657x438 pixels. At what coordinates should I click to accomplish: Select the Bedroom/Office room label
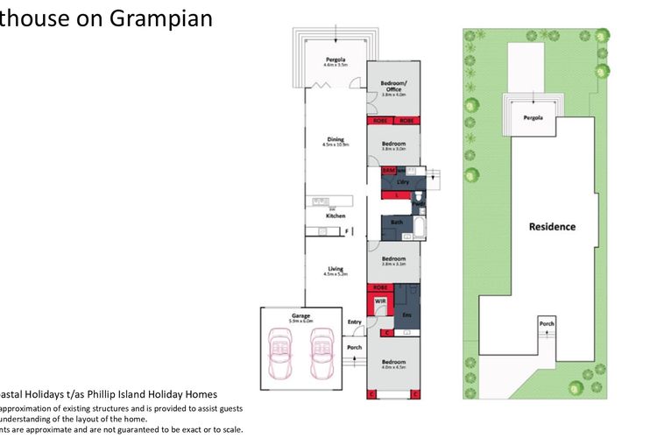pos(393,88)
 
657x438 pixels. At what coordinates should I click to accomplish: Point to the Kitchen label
pos(336,215)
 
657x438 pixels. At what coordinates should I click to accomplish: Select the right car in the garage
pos(321,348)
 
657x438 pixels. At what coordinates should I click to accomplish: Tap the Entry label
pos(354,322)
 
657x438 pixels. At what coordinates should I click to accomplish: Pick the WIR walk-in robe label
pos(380,300)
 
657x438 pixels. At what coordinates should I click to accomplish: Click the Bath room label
pos(396,223)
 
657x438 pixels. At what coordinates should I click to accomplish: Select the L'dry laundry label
pos(403,181)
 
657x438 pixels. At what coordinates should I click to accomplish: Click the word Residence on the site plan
pos(552,227)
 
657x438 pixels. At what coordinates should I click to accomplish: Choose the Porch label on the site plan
pos(547,324)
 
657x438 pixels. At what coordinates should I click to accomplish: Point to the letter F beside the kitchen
pos(348,231)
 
